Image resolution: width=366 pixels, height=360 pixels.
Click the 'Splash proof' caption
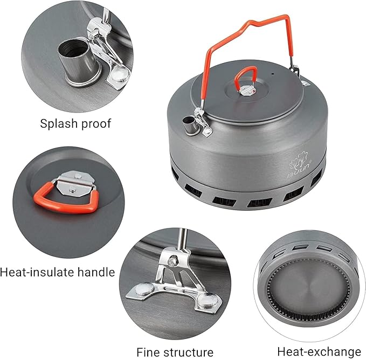[75, 123]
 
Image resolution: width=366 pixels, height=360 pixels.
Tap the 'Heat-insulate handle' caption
[58, 272]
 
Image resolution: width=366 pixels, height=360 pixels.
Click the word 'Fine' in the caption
[148, 352]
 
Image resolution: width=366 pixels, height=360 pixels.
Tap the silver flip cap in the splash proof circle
[111, 65]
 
